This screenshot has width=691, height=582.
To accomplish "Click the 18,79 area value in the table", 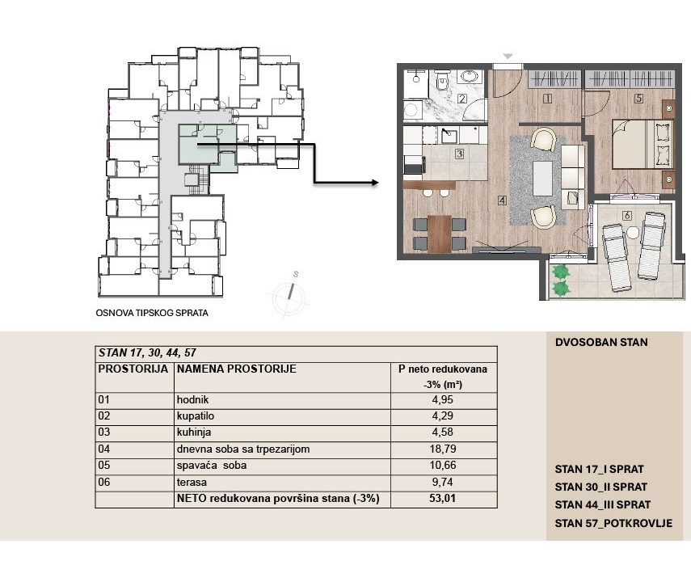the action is coord(442,449).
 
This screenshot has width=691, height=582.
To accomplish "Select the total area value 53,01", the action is coord(442,499).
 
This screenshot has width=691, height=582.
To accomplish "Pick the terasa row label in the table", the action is coord(192,482).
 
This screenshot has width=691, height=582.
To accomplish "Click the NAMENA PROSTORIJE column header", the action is coord(237,369).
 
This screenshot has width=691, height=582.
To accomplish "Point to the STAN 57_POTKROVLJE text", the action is coord(613,523).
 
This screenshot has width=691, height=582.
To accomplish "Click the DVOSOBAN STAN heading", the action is coord(601,342).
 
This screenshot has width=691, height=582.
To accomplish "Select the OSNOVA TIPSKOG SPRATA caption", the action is coord(152,313).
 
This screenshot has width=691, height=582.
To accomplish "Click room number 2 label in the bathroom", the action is coord(461,99).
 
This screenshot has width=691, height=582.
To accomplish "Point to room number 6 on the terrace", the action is coord(626,216).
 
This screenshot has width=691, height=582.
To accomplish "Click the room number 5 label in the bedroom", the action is coord(638,99).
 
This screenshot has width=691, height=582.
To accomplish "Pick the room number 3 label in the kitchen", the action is coord(459,154).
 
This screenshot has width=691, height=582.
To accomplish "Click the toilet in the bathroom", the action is coord(442,81).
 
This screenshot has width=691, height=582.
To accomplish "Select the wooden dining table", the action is coord(439,234).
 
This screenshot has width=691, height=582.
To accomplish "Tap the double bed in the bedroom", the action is coord(643,144).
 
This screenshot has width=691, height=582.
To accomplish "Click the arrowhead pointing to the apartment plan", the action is coord(375,183).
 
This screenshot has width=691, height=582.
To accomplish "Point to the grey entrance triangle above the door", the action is coord(508,57).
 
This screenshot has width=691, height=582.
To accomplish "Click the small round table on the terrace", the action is coord(634,232).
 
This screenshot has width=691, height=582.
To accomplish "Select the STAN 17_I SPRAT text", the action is coord(600,469).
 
